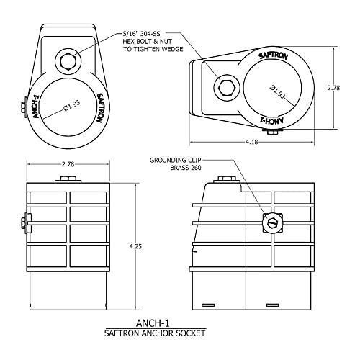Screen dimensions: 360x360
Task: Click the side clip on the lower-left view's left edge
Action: click(25, 223)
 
